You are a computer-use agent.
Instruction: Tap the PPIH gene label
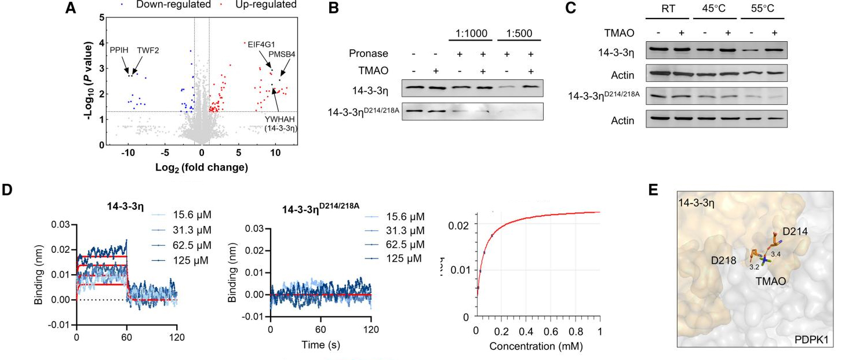point(120,50)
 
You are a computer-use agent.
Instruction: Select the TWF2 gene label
point(148,50)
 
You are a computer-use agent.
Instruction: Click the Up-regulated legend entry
point(267,5)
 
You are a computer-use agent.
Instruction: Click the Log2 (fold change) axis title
point(201,168)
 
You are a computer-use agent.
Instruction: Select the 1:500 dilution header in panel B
point(518,34)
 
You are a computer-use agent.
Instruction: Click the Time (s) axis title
point(320,344)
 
